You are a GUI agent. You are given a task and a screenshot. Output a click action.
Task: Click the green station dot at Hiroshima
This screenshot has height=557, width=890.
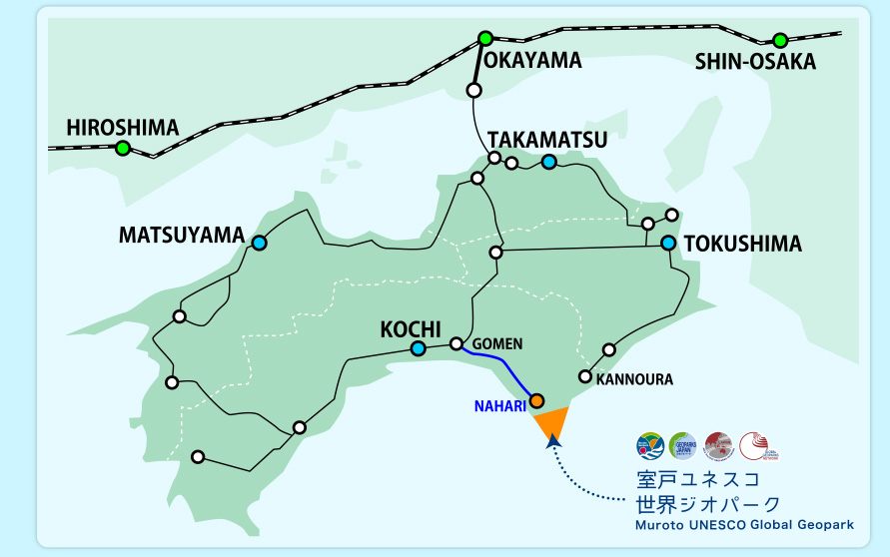122,149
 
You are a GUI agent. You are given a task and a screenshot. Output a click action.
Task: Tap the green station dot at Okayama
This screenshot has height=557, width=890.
485,39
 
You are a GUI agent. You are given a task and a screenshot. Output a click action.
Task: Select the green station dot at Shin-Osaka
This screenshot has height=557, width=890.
779,41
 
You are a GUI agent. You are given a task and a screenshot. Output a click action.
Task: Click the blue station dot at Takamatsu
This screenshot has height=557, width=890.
548,162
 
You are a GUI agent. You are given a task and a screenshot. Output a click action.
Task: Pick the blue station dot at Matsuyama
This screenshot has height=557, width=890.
260,243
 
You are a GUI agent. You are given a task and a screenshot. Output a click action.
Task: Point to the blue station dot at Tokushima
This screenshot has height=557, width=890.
668,243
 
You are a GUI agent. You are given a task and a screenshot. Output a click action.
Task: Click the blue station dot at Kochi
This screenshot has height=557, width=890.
418,348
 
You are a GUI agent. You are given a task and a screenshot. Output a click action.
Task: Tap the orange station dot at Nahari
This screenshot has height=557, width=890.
536,400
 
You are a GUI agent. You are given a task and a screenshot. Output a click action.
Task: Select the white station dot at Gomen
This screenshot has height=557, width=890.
456,343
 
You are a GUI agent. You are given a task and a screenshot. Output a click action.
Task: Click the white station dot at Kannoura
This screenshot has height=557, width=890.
585,376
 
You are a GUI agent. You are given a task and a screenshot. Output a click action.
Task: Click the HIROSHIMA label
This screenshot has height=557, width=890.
122,128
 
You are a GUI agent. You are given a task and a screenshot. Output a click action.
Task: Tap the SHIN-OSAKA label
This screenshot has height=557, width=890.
755,62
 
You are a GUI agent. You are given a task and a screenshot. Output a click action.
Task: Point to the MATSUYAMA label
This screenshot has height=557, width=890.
181,236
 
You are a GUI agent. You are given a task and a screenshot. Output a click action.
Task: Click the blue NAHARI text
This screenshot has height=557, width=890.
499,406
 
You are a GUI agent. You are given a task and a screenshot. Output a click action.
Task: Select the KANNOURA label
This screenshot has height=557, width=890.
634,380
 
